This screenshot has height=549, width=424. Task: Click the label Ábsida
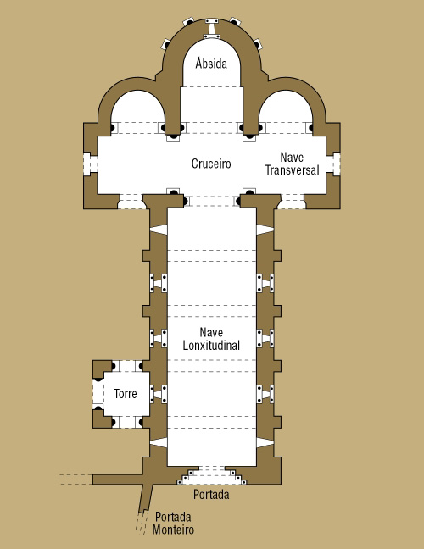click(211, 64)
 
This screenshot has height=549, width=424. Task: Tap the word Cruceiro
click(211, 164)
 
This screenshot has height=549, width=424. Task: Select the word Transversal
click(293, 170)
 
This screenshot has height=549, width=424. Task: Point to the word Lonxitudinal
click(211, 346)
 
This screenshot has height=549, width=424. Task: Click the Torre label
click(126, 394)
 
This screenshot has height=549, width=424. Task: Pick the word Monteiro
click(173, 530)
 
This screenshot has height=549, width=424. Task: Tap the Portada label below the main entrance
click(211, 495)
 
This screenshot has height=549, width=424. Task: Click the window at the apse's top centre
click(212, 29)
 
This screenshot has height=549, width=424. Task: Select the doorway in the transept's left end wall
click(91, 164)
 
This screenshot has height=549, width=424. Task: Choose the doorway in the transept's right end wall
click(333, 164)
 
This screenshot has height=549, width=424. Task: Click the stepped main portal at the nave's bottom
click(211, 475)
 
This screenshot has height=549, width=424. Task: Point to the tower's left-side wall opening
click(98, 394)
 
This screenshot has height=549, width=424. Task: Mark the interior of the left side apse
click(137, 111)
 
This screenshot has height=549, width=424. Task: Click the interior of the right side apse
click(286, 111)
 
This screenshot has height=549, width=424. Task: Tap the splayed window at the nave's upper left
click(159, 230)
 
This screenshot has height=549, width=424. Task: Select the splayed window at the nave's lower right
click(265, 442)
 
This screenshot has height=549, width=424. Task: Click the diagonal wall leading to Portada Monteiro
click(146, 498)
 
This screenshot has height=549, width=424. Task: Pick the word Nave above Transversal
click(292, 158)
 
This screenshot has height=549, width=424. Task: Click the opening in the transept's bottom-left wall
click(131, 202)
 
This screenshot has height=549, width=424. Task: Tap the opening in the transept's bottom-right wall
click(292, 202)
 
